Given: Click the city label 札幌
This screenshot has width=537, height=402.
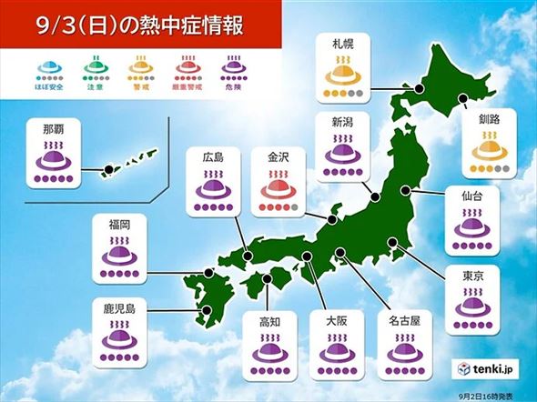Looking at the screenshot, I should point(343,43).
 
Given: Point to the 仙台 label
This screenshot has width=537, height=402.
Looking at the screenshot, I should point(471,196).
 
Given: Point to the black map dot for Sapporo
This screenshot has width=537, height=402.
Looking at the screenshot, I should point(420,88).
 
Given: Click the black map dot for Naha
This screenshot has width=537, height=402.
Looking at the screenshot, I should point(107,168).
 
